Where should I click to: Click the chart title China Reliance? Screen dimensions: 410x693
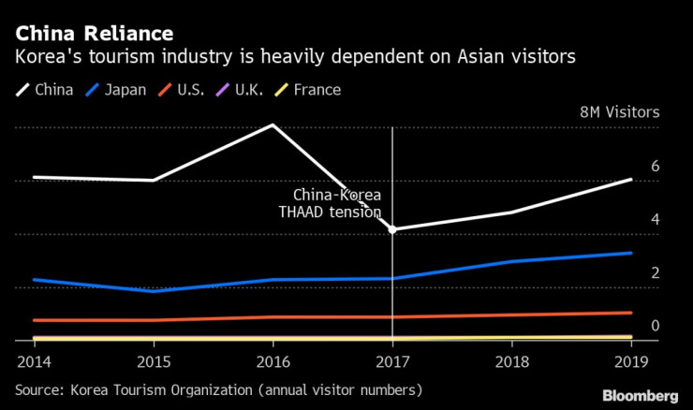pyautogui.click(x=93, y=35)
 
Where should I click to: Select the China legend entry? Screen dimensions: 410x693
pyautogui.click(x=48, y=90)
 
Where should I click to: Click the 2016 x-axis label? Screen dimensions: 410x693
pyautogui.click(x=273, y=360)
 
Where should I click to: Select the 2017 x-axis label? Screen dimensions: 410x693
pyautogui.click(x=392, y=360)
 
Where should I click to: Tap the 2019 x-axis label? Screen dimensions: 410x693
pyautogui.click(x=632, y=360)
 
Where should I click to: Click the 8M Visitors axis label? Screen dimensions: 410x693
pyautogui.click(x=620, y=111)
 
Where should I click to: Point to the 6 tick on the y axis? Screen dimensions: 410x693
pyautogui.click(x=656, y=166)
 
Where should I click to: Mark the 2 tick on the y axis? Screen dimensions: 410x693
pyautogui.click(x=656, y=272)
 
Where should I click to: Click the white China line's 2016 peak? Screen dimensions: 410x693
pyautogui.click(x=273, y=124)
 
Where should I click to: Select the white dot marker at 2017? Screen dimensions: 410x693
pyautogui.click(x=392, y=229)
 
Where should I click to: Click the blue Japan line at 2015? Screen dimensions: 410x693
pyautogui.click(x=153, y=291)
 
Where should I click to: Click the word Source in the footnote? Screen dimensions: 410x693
pyautogui.click(x=38, y=388)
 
